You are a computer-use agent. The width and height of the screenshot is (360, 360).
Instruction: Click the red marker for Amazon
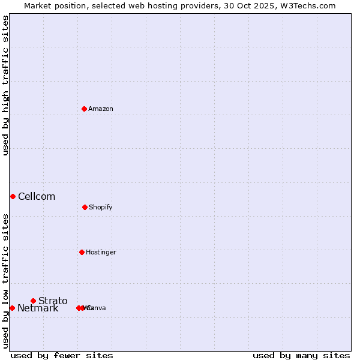tap(84, 109)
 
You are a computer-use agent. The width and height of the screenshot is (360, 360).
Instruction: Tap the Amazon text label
tap(101, 109)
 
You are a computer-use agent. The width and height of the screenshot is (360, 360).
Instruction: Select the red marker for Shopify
tap(85, 207)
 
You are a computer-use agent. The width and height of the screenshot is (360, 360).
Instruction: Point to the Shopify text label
tap(101, 207)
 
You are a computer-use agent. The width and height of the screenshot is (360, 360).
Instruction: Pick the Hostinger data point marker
tap(82, 252)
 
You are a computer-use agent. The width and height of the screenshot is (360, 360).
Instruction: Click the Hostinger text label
tap(101, 252)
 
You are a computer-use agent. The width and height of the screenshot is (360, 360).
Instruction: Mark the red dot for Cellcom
tap(13, 196)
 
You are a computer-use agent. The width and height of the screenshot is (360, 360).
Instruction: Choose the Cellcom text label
tap(37, 196)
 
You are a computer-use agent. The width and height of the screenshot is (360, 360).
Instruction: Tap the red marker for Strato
tap(33, 301)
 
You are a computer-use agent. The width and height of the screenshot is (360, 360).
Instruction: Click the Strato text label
tap(53, 301)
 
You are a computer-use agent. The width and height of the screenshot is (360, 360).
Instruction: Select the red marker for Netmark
tap(12, 308)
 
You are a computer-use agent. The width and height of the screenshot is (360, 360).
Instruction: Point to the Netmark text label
tap(38, 308)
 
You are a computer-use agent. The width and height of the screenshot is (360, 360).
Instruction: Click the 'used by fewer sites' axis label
tap(62, 355)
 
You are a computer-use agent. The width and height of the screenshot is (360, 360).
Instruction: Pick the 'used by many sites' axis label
tap(301, 355)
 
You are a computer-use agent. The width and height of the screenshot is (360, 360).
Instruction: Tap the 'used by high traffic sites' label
tap(5, 85)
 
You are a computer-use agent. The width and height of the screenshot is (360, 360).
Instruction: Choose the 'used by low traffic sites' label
tap(5, 281)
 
